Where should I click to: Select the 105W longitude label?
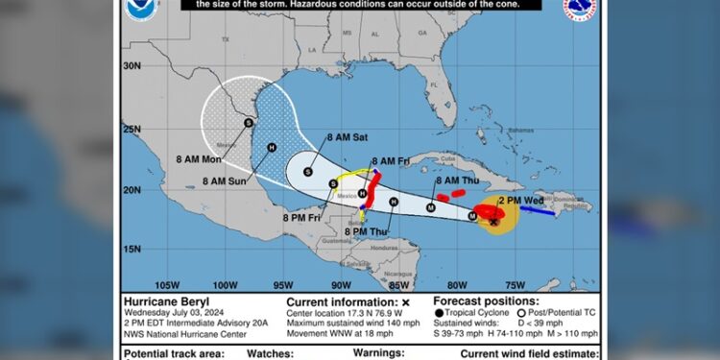(168, 284)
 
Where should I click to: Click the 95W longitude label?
(283, 284)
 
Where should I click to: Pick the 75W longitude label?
(515, 284)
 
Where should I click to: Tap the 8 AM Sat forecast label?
(347, 138)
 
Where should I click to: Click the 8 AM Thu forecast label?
(457, 180)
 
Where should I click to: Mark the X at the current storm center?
(493, 222)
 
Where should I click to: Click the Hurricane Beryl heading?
(165, 300)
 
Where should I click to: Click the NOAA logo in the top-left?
(138, 10)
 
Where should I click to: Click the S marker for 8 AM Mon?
(249, 122)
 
